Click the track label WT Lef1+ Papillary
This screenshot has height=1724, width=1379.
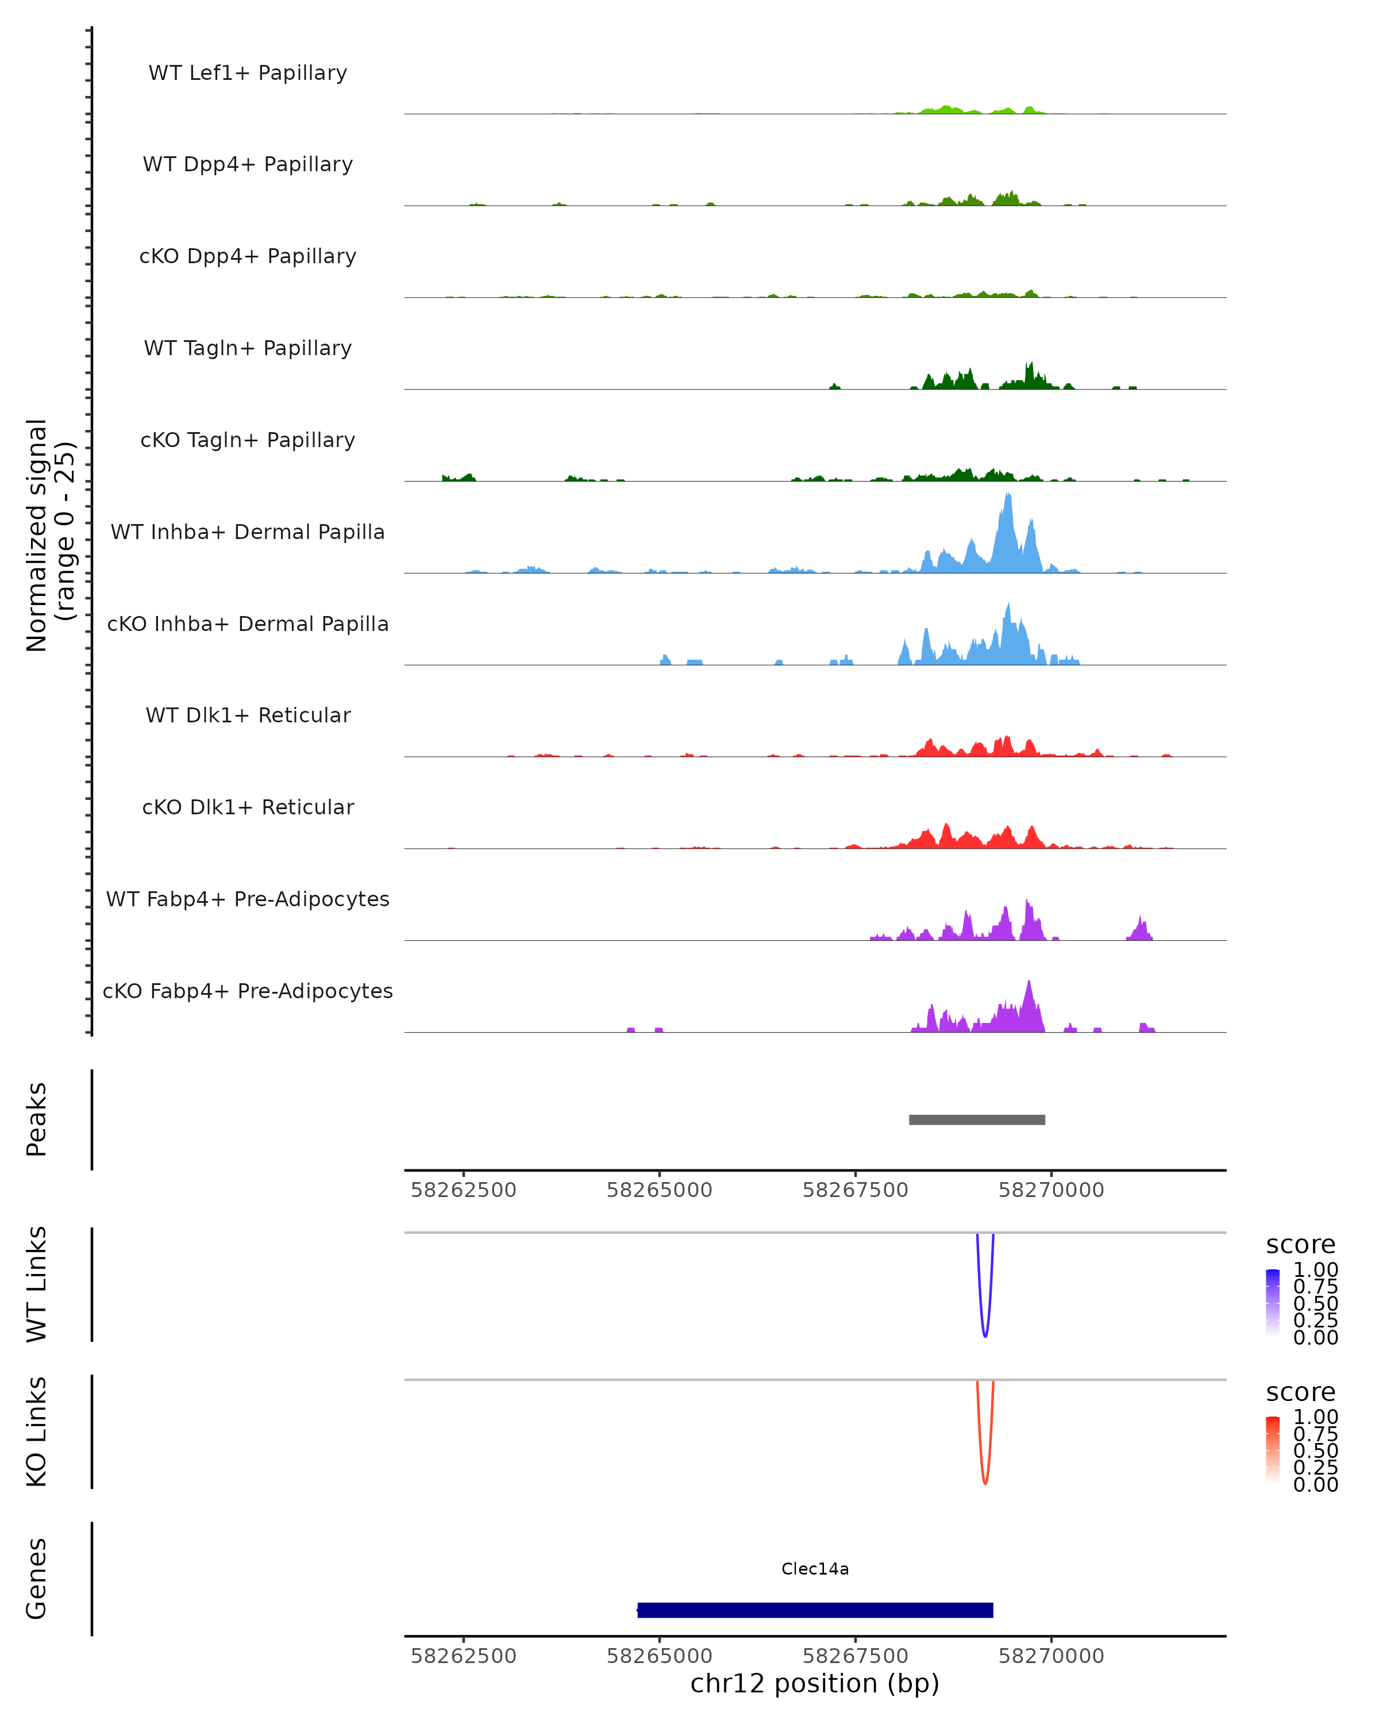coord(248,73)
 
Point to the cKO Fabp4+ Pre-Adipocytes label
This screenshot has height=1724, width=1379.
coord(248,991)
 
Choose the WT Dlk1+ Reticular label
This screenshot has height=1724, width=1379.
coord(248,715)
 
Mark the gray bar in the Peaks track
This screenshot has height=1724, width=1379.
coord(977,1119)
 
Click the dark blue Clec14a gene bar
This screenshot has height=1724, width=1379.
coord(815,1610)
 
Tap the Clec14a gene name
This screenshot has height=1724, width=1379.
coord(815,1569)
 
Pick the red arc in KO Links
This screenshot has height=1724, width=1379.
coord(985,1481)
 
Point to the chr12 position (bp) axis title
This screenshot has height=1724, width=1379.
coord(815,1683)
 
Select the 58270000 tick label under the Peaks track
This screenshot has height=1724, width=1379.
coord(1051,1190)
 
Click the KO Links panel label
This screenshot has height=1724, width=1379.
coord(37,1431)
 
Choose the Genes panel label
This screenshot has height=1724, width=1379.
coord(37,1579)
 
